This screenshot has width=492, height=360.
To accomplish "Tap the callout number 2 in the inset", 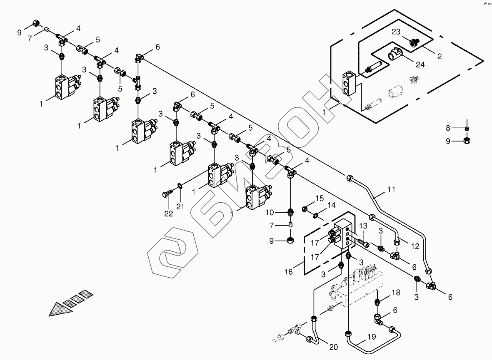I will tap(440, 55).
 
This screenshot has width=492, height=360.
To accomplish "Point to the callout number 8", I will tap(448, 128).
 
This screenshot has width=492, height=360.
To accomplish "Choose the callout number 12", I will tap(415, 246).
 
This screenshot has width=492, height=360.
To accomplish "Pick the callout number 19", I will tap(372, 337).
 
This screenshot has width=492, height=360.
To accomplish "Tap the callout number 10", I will tap(270, 213).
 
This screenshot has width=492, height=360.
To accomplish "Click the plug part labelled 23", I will tap(414, 42).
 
